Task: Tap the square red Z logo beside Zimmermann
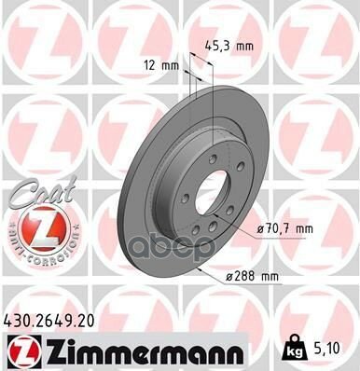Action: [20, 349]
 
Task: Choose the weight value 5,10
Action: [325, 348]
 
